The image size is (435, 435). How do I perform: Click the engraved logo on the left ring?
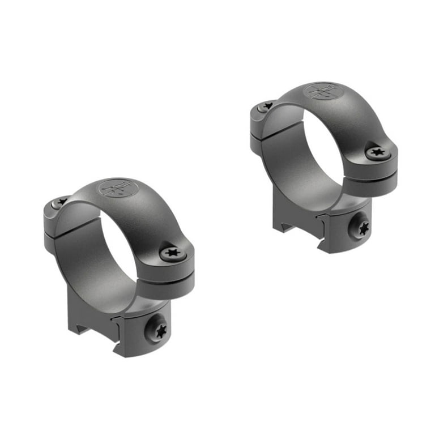[x=117, y=188]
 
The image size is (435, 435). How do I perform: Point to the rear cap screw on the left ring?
[x=59, y=202]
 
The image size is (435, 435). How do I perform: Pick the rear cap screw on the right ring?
[x=266, y=106]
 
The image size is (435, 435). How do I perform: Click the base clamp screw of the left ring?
[x=157, y=330]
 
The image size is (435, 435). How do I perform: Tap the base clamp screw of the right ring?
[x=362, y=228]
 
